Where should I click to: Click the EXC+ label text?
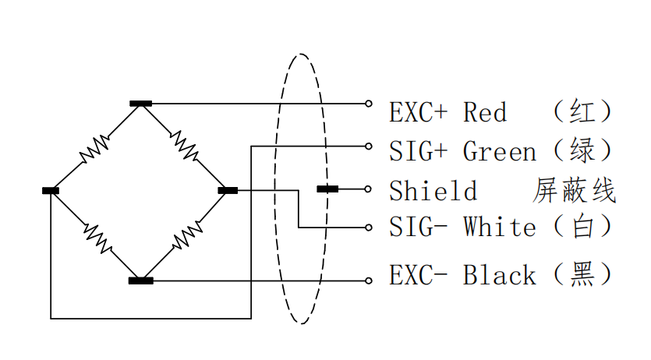point(419,112)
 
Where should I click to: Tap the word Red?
point(485,112)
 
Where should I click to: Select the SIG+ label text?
point(419,151)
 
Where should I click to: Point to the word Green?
point(500,151)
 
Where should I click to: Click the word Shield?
point(433,191)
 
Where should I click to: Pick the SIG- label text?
point(419,227)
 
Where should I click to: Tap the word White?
point(500,227)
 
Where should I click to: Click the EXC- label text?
point(419,274)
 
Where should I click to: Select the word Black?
point(500,274)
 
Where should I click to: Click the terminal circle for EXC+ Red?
point(368,104)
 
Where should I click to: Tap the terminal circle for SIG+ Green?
point(368,146)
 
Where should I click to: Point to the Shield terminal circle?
point(368,189)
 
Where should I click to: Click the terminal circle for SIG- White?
point(368,228)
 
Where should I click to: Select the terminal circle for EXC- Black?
point(368,281)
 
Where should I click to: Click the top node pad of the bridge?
point(141,104)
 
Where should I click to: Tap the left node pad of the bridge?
point(51,191)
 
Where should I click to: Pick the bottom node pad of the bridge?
point(141,281)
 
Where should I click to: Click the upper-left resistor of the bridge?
point(95,148)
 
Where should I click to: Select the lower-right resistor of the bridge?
point(188,235)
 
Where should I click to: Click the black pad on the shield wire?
point(327,189)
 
